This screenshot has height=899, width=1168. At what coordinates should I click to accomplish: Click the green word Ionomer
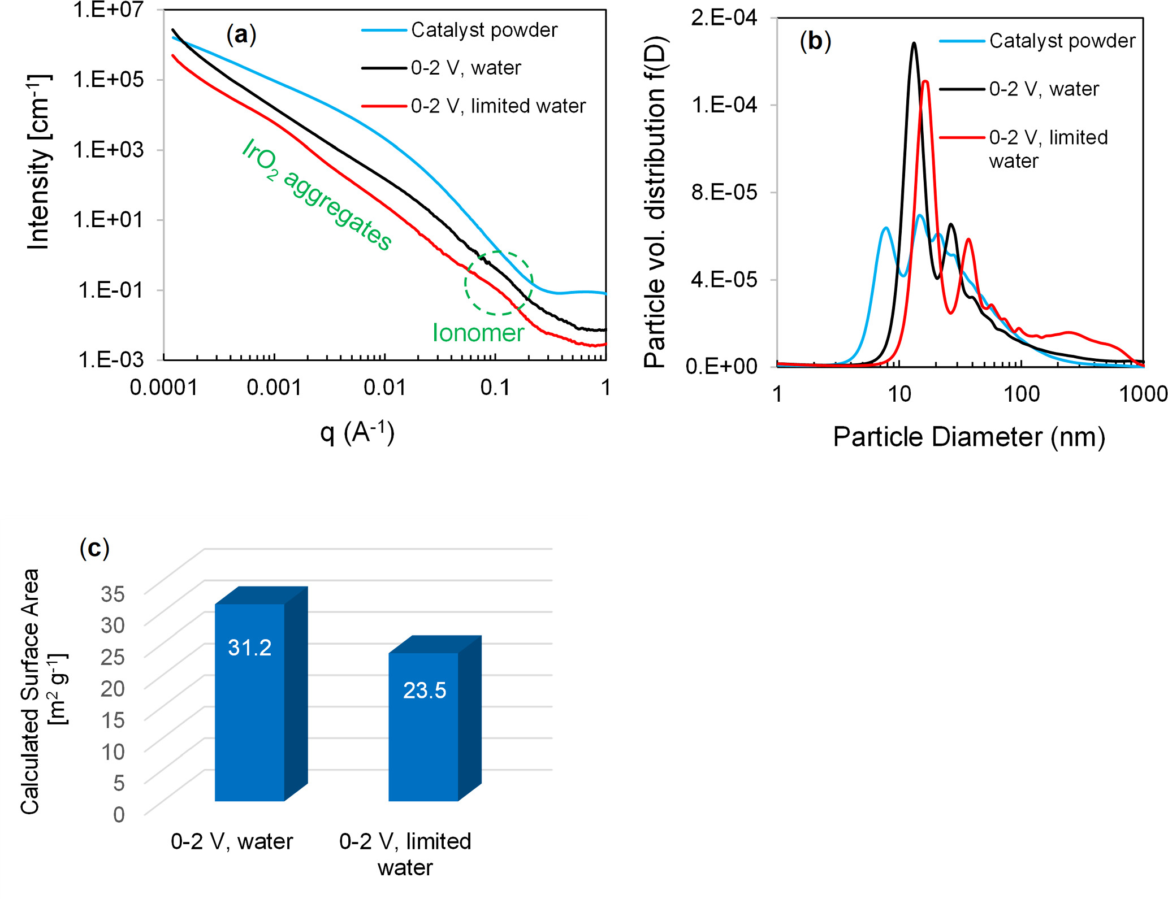pyautogui.click(x=478, y=333)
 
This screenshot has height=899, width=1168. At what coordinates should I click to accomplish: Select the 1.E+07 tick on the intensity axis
pyautogui.click(x=109, y=10)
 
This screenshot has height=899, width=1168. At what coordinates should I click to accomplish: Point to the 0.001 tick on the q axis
pyautogui.click(x=274, y=388)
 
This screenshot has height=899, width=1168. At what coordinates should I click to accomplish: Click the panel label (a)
pyautogui.click(x=241, y=35)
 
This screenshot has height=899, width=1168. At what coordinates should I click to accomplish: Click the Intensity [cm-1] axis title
pyautogui.click(x=40, y=162)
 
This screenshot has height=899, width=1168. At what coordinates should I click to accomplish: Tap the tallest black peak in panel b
pyautogui.click(x=914, y=44)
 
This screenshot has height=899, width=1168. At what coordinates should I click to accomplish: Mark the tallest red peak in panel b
pyautogui.click(x=925, y=82)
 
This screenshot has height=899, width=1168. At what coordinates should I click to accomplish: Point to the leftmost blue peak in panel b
pyautogui.click(x=886, y=228)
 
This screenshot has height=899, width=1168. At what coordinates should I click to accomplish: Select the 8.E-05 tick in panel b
pyautogui.click(x=724, y=192)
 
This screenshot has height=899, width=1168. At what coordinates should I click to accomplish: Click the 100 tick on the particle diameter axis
pyautogui.click(x=1021, y=394)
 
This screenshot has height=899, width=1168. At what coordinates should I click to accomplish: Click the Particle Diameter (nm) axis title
pyautogui.click(x=968, y=437)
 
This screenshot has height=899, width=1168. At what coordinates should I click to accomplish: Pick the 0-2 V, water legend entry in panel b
pyautogui.click(x=1044, y=89)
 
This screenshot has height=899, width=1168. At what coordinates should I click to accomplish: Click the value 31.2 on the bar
pyautogui.click(x=249, y=648)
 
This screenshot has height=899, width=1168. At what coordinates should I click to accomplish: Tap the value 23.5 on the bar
pyautogui.click(x=425, y=690)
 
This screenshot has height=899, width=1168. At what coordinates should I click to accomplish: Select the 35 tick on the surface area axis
pyautogui.click(x=113, y=593)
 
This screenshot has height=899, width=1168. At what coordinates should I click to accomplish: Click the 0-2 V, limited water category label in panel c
pyautogui.click(x=405, y=854)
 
